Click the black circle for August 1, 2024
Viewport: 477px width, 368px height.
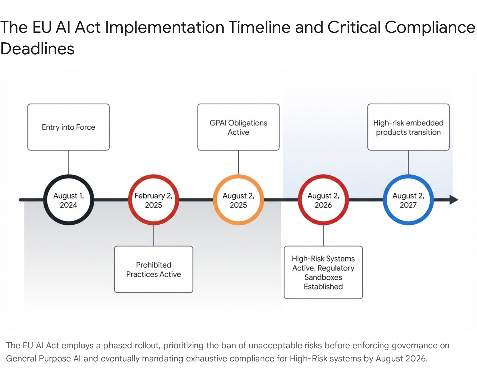[x=69, y=200]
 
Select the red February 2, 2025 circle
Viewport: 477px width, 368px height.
[x=154, y=200]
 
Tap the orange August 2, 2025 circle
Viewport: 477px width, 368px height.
[x=238, y=200]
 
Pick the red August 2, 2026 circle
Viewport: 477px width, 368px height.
[x=323, y=200]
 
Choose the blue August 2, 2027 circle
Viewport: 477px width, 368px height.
[x=408, y=200]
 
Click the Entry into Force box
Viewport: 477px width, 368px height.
[x=69, y=127]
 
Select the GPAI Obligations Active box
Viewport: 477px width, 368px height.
[x=238, y=127]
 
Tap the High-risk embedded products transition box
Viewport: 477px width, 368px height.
[x=408, y=127]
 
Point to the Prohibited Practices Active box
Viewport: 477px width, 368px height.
[x=154, y=269]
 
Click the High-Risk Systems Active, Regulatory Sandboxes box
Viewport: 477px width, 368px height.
[x=323, y=272]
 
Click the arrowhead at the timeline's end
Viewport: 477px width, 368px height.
[x=453, y=200]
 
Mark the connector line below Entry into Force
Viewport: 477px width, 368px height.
[x=69, y=163]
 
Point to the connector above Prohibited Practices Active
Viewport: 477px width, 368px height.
[x=154, y=236]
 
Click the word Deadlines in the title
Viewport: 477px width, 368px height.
[x=37, y=49]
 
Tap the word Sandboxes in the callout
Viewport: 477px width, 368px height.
[x=323, y=277]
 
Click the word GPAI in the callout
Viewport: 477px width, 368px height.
[x=217, y=123]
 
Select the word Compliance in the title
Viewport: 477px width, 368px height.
[x=430, y=27]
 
